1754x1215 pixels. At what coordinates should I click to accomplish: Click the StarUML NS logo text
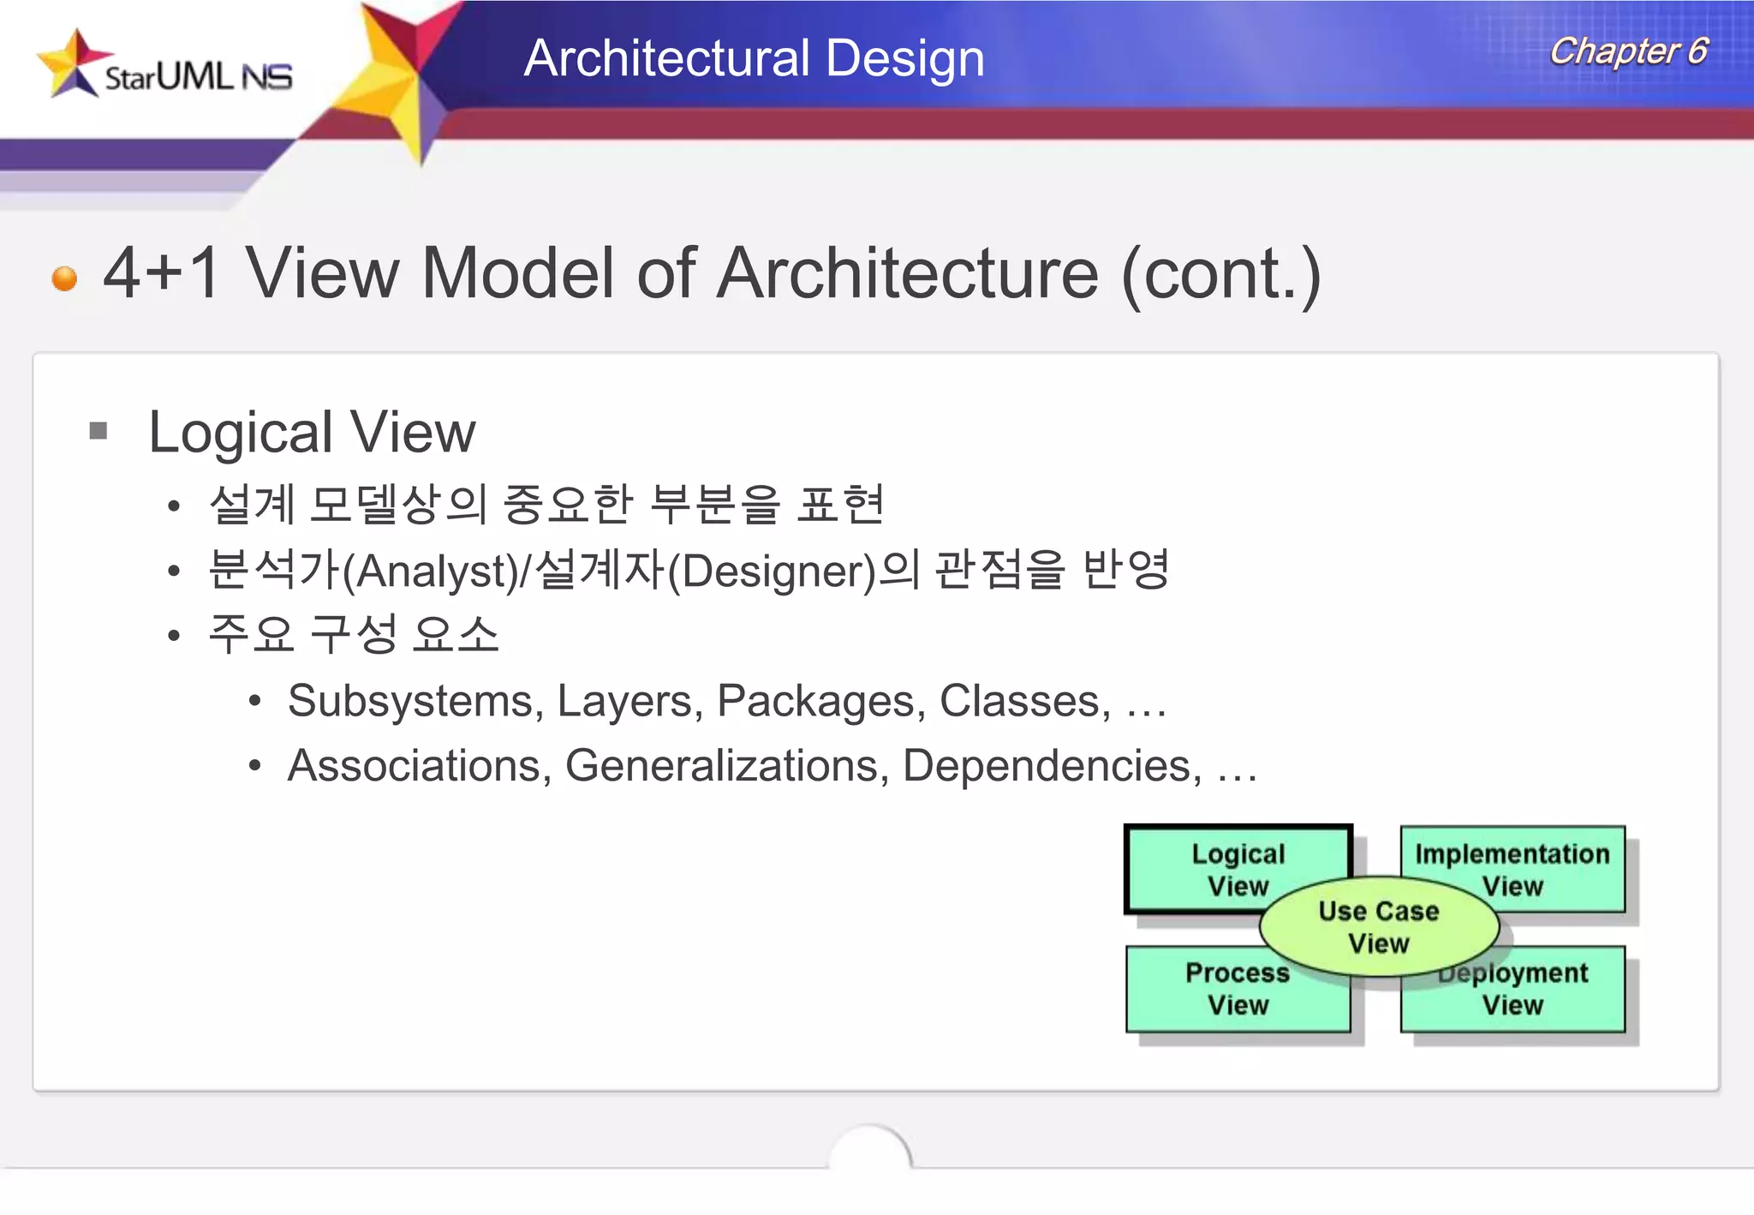(x=199, y=77)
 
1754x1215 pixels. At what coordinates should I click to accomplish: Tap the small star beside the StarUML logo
(x=72, y=63)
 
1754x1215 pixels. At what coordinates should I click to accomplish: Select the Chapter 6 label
(x=1628, y=51)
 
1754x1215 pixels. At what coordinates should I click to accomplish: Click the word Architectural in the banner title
(x=667, y=58)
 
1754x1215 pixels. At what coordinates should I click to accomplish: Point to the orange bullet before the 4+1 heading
(x=64, y=278)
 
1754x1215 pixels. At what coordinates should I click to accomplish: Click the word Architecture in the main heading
(x=907, y=273)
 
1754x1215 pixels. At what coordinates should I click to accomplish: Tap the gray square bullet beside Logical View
(x=98, y=430)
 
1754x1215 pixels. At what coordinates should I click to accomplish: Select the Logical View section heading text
(x=312, y=432)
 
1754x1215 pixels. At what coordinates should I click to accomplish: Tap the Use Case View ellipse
(x=1379, y=927)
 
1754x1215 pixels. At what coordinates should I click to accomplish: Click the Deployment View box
(x=1533, y=998)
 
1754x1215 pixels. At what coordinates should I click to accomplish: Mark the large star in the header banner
(x=402, y=78)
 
